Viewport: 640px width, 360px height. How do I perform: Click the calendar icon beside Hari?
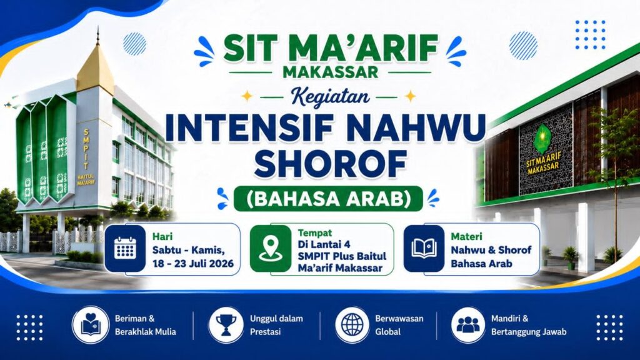[125, 247]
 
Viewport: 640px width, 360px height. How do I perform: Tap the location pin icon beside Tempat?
[270, 249]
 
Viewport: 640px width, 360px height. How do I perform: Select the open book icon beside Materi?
[424, 248]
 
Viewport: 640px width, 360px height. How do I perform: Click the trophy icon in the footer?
[226, 325]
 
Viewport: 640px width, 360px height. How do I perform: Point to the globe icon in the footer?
[352, 325]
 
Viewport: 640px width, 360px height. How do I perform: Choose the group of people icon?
[468, 325]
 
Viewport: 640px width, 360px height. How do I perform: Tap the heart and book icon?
[91, 324]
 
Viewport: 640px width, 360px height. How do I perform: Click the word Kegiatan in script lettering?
[331, 96]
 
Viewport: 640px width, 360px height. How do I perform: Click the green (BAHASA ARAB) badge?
[328, 199]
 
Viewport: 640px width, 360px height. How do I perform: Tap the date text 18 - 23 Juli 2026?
[193, 263]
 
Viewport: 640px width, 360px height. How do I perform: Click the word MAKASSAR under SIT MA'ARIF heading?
[330, 72]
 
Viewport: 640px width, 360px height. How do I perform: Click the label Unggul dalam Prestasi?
[276, 325]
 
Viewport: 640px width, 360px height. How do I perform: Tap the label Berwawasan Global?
[399, 325]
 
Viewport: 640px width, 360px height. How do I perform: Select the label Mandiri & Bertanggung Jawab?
[529, 325]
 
